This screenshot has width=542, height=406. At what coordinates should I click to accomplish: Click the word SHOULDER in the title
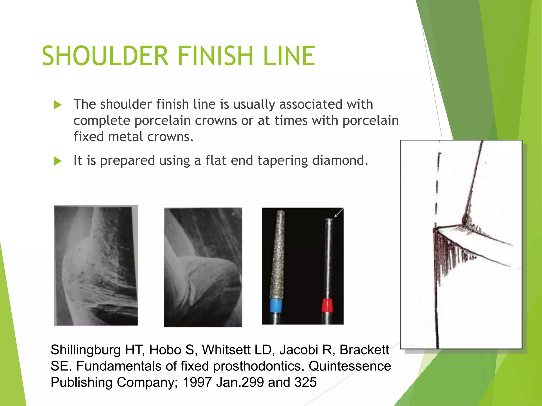(105, 56)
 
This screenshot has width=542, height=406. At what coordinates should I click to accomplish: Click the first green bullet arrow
(58, 105)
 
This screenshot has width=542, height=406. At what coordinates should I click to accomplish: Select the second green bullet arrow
(58, 161)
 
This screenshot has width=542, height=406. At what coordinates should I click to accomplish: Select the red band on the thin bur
(327, 305)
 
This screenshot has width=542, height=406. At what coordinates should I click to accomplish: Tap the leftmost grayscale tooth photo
(96, 265)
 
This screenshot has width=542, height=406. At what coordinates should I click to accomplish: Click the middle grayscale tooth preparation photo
(203, 267)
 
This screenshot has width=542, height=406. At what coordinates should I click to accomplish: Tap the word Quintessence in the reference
(350, 366)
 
